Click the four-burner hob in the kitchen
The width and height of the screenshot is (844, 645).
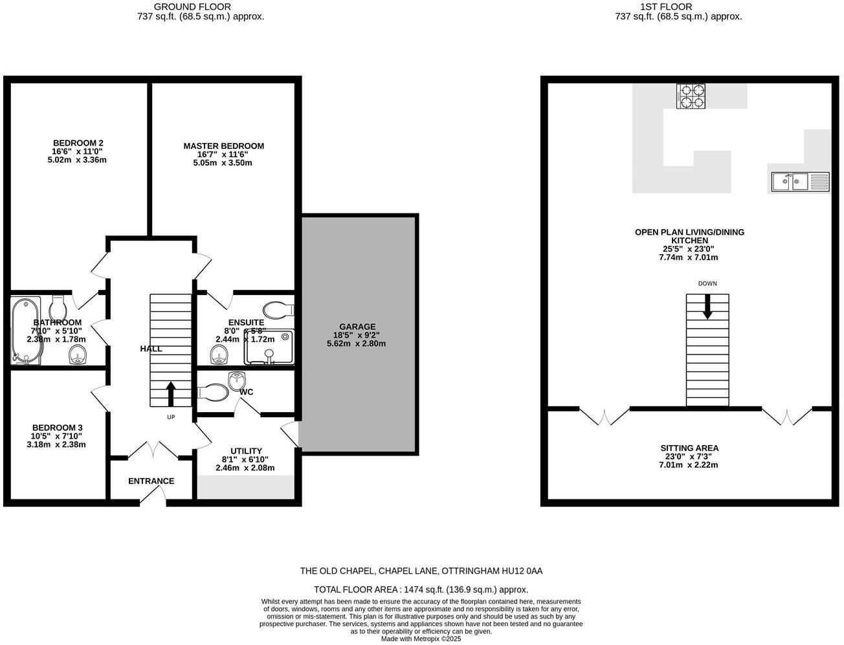pos(691,96)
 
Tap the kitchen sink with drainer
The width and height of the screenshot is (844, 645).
pos(800,181)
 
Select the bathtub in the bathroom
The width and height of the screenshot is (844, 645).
pos(26,331)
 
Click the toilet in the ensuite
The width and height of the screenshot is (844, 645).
pos(278,310)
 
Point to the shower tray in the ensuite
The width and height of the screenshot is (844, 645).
pos(269,347)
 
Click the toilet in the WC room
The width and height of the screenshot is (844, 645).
pos(213,392)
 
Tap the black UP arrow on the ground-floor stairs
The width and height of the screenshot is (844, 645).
pos(171,393)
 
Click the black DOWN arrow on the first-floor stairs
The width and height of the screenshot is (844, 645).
pos(707,306)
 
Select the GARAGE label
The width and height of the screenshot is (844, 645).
pos(357,327)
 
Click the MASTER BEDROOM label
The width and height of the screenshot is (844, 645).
pos(223,146)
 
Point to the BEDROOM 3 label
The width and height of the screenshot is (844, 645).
pos(58,428)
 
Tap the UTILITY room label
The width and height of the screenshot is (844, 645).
pos(246,451)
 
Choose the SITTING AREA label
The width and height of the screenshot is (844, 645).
pos(689,448)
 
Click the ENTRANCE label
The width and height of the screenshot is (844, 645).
pos(151,481)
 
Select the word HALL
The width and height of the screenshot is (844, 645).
pos(151,349)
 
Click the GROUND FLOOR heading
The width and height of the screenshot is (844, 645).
pos(201,7)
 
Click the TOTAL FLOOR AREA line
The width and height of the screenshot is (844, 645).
pos(421,589)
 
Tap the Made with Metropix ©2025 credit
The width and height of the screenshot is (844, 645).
pos(421,639)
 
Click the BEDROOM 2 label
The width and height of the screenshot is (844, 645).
pos(78,143)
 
